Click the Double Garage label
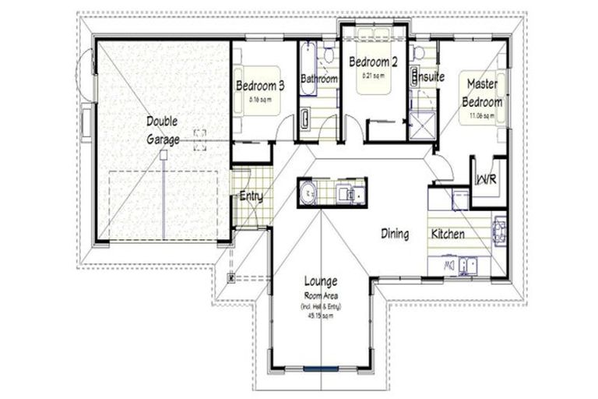[x=162, y=130]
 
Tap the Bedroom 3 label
[x=259, y=86]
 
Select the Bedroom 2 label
[x=373, y=62]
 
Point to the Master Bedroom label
[x=482, y=92]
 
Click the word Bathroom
[x=318, y=79]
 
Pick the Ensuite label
[x=428, y=78]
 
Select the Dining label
[x=395, y=233]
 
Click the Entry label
[x=251, y=196]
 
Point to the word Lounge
[x=319, y=281]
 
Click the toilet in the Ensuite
[x=419, y=53]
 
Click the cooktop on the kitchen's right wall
[x=499, y=229]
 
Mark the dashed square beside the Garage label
[x=200, y=139]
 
